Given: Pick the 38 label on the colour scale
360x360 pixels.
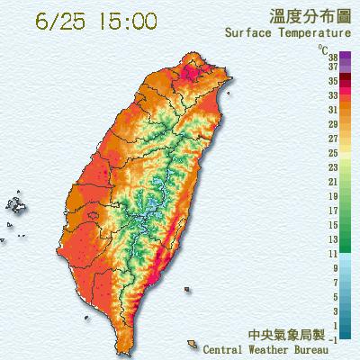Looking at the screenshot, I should tap(332, 55).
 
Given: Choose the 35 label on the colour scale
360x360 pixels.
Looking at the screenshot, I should tap(332, 80).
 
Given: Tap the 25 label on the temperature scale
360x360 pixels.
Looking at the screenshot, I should tap(332, 153).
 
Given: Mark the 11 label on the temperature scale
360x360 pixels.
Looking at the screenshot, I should tap(332, 254).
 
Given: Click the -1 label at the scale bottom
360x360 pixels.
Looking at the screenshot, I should tap(333, 338).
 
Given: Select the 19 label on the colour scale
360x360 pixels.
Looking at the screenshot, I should tap(332, 195).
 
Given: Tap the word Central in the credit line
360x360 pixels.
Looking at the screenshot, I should tap(228, 348).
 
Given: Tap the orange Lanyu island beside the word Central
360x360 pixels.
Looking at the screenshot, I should tap(193, 344).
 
